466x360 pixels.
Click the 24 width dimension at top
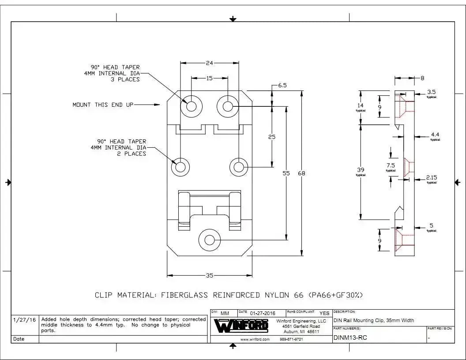(210, 63)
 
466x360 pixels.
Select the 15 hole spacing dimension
(210, 78)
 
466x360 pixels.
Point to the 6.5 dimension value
(282, 86)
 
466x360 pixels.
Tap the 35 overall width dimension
(210, 276)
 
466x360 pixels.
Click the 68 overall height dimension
(301, 173)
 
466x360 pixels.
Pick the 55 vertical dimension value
(286, 173)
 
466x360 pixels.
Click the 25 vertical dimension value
(272, 137)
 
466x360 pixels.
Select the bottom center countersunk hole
(210, 240)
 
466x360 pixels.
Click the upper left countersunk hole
(191, 106)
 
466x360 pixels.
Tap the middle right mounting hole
(239, 167)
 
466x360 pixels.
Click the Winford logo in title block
(241, 326)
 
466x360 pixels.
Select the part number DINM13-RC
(350, 338)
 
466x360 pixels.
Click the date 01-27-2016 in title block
(263, 313)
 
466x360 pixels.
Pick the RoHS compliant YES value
(324, 313)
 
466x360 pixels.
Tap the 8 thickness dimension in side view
(422, 78)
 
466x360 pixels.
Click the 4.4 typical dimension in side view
(435, 135)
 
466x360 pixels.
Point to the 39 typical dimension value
(361, 170)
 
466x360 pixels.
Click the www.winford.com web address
(255, 339)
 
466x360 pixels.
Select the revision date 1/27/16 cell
(25, 320)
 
